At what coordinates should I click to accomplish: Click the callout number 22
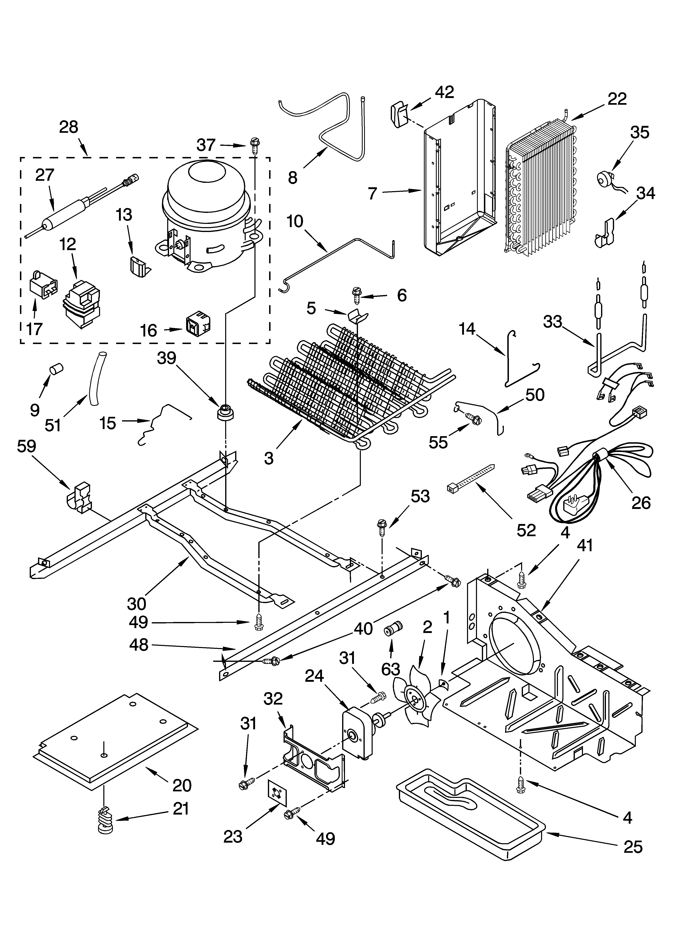617,99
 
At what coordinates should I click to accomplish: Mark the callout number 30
136,604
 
